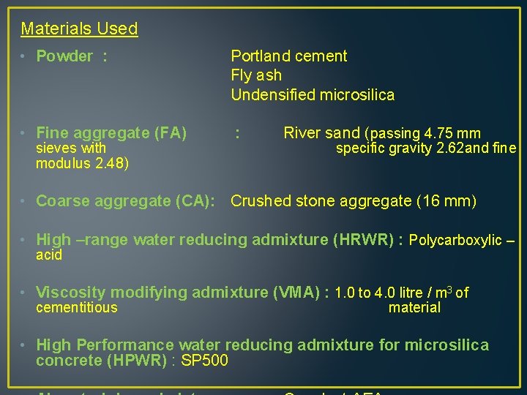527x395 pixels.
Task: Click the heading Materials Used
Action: point(79,29)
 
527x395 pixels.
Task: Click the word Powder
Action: point(64,56)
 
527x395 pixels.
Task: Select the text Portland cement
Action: point(289,56)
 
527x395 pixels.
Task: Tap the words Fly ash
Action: point(256,75)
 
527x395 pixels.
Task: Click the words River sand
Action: point(321,133)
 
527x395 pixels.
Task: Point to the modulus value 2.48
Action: point(110,163)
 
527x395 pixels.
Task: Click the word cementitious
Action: point(76,308)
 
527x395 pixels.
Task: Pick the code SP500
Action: point(208,361)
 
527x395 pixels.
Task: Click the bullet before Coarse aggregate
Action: point(24,201)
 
